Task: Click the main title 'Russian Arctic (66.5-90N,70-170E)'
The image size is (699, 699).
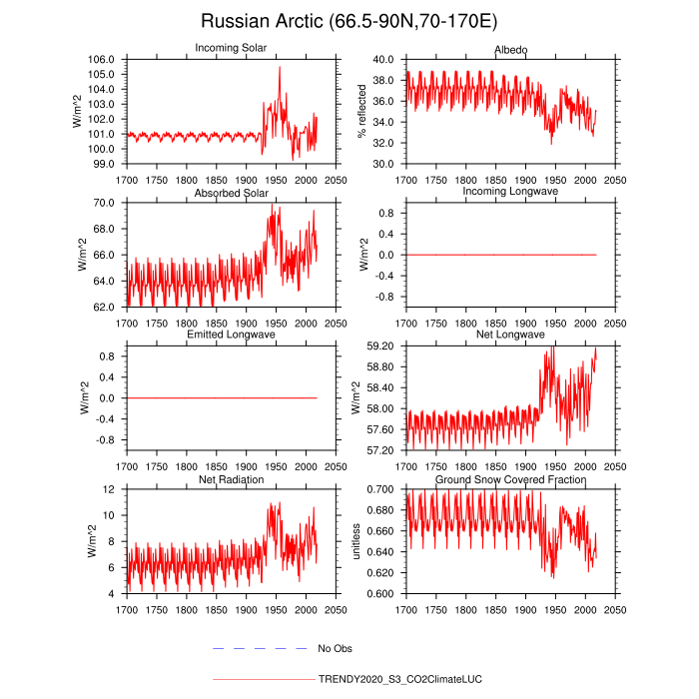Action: [x=349, y=21]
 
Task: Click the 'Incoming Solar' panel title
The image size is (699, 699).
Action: [x=231, y=49]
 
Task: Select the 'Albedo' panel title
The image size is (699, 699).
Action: [x=510, y=49]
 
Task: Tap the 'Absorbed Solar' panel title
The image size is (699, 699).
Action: [x=231, y=192]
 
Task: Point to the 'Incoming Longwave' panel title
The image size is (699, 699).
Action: [x=510, y=192]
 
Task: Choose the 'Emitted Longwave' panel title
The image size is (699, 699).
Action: [x=231, y=335]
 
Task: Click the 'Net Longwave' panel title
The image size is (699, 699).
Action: [x=510, y=335]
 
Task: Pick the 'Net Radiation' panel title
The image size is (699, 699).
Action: [x=231, y=479]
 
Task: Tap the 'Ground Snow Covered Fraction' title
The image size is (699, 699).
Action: [x=510, y=479]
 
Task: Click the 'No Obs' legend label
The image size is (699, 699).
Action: [x=335, y=649]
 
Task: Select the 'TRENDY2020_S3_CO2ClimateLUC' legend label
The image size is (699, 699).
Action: [x=399, y=679]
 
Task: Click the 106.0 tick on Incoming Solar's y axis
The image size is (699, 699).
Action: [x=106, y=60]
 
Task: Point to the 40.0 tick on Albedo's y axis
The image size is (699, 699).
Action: [x=388, y=60]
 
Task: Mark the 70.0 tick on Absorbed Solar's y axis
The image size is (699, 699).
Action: [x=108, y=203]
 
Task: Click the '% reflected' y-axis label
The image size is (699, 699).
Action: [x=362, y=111]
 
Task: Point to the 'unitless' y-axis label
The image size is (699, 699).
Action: [x=356, y=541]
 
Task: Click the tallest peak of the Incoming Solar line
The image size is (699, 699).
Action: [x=280, y=67]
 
